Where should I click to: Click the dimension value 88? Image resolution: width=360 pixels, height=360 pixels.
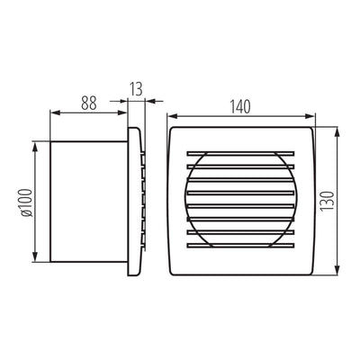coord(89,103)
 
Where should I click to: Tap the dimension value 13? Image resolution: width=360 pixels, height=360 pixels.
coord(137,89)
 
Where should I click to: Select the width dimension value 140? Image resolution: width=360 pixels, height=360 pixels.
coord(240,107)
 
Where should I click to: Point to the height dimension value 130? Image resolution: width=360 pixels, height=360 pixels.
coord(327,201)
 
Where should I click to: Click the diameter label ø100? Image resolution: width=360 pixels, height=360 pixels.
coord(27,202)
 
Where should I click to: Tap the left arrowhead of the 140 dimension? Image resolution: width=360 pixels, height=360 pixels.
coord(172,116)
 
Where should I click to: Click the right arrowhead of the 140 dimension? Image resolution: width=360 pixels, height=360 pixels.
coord(310,116)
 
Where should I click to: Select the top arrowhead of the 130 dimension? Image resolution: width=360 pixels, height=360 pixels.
coord(337,131)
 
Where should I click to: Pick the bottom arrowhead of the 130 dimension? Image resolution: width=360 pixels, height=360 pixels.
coord(337,270)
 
